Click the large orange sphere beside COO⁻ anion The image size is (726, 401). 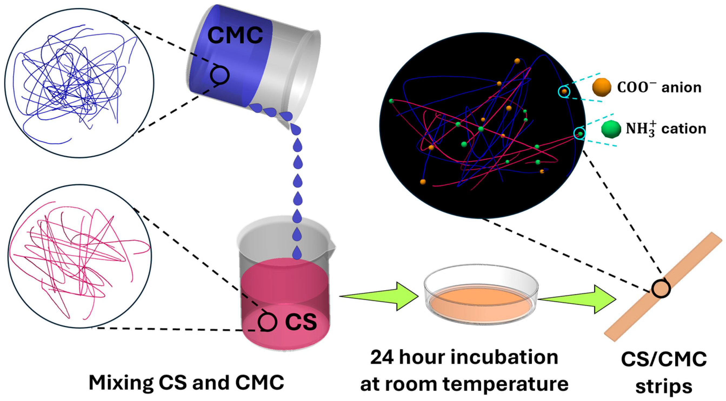tap(601, 88)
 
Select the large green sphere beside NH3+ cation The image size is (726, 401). tap(611, 129)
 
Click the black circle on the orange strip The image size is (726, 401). tap(661, 289)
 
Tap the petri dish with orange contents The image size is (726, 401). tap(481, 295)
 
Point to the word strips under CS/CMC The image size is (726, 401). tap(664, 387)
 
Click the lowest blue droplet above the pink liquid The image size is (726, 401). tap(297, 252)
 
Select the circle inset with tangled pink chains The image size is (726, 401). tap(80, 256)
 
